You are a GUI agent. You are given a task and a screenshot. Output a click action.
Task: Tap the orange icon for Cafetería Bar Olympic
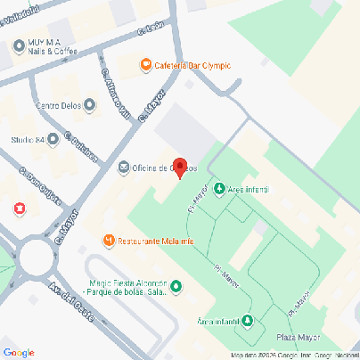pos(145,64)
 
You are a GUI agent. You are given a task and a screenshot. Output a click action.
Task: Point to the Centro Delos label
pos(60,106)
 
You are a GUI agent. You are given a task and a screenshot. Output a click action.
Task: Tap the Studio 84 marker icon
pos(53,139)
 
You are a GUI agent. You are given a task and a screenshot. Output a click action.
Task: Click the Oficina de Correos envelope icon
pos(123,167)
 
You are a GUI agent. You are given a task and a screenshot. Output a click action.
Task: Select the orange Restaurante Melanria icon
pos(109,241)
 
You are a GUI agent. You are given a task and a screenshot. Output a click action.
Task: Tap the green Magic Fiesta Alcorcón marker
pos(176,286)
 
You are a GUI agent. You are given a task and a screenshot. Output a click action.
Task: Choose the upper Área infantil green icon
pos(220,189)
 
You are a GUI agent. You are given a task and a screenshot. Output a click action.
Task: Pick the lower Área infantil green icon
pos(247,320)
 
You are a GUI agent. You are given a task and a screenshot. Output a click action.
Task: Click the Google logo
pos(20,353)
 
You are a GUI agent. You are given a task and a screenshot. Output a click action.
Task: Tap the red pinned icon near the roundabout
pos(19,209)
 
